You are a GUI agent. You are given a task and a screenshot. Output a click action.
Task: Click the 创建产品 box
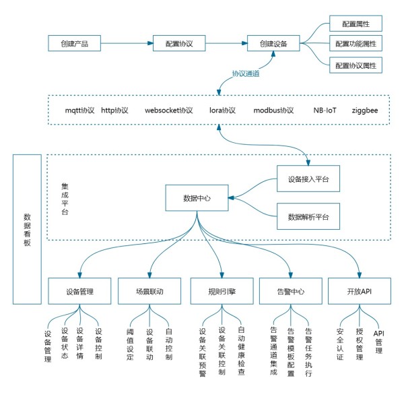pyautogui.click(x=74, y=43)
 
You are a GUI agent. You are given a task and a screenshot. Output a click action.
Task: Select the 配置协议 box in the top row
pyautogui.click(x=179, y=43)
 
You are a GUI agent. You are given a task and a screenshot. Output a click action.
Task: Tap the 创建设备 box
pyautogui.click(x=273, y=43)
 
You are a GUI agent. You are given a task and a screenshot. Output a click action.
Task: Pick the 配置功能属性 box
pyautogui.click(x=356, y=43)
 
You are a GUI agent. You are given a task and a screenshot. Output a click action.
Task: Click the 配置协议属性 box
pyautogui.click(x=356, y=65)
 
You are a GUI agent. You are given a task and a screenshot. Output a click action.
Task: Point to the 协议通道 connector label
pyautogui.click(x=246, y=73)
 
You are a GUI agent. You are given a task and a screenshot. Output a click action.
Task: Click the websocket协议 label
pyautogui.click(x=169, y=111)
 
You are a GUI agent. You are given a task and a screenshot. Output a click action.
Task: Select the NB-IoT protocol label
pyautogui.click(x=325, y=111)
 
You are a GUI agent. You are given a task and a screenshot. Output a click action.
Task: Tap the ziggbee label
pyautogui.click(x=365, y=111)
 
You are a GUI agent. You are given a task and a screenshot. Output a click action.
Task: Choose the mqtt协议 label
pyautogui.click(x=79, y=111)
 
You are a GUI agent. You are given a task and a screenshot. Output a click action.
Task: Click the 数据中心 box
pyautogui.click(x=197, y=197)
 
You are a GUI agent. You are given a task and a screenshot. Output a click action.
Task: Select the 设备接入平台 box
pyautogui.click(x=308, y=179)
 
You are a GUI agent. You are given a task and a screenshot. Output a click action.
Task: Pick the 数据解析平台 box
pyautogui.click(x=308, y=216)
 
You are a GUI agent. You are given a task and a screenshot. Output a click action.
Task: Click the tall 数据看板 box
pyautogui.click(x=27, y=229)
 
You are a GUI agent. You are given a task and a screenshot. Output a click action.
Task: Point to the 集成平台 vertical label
pyautogui.click(x=65, y=199)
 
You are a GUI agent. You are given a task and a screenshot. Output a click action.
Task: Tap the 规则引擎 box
pyautogui.click(x=222, y=291)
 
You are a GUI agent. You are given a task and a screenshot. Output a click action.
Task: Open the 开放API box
pyautogui.click(x=360, y=291)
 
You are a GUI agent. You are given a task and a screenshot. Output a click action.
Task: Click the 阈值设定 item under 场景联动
pyautogui.click(x=130, y=344)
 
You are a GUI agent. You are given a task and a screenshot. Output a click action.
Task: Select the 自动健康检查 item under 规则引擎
pyautogui.click(x=241, y=350)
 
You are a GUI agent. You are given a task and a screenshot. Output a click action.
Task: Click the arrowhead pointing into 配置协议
pyautogui.click(x=150, y=43)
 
